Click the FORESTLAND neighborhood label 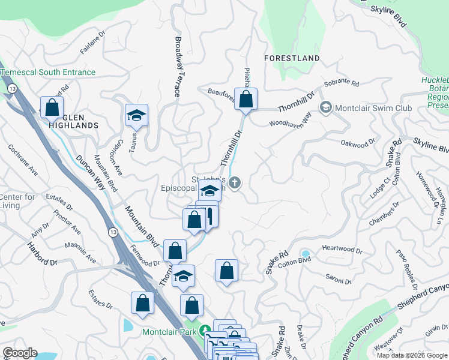(x=292, y=58)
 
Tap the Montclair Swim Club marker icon (x=326, y=108)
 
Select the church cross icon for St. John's (x=235, y=183)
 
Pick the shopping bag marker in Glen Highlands (x=52, y=108)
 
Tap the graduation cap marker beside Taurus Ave (x=136, y=115)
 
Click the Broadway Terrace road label (x=178, y=66)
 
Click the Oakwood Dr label (x=357, y=143)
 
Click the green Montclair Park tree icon (x=205, y=331)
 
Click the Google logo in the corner (x=20, y=353)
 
